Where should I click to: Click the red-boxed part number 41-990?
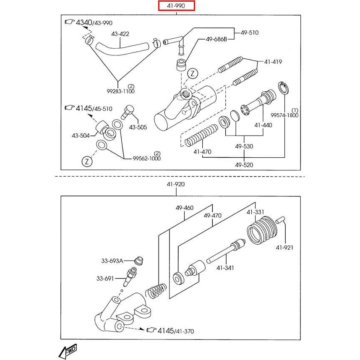[176, 6]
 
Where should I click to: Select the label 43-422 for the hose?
[120, 34]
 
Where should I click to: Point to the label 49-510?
[250, 32]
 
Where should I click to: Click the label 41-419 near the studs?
[273, 62]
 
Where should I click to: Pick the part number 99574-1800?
[284, 115]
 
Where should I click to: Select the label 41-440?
[263, 125]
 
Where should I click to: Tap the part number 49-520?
[244, 165]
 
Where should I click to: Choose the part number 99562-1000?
[147, 158]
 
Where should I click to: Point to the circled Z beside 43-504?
[87, 161]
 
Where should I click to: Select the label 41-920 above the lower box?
[175, 184]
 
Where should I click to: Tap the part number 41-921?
[284, 248]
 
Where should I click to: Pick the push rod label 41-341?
[225, 268]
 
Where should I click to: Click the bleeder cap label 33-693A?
[112, 261]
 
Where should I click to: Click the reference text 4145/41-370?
[176, 331]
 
